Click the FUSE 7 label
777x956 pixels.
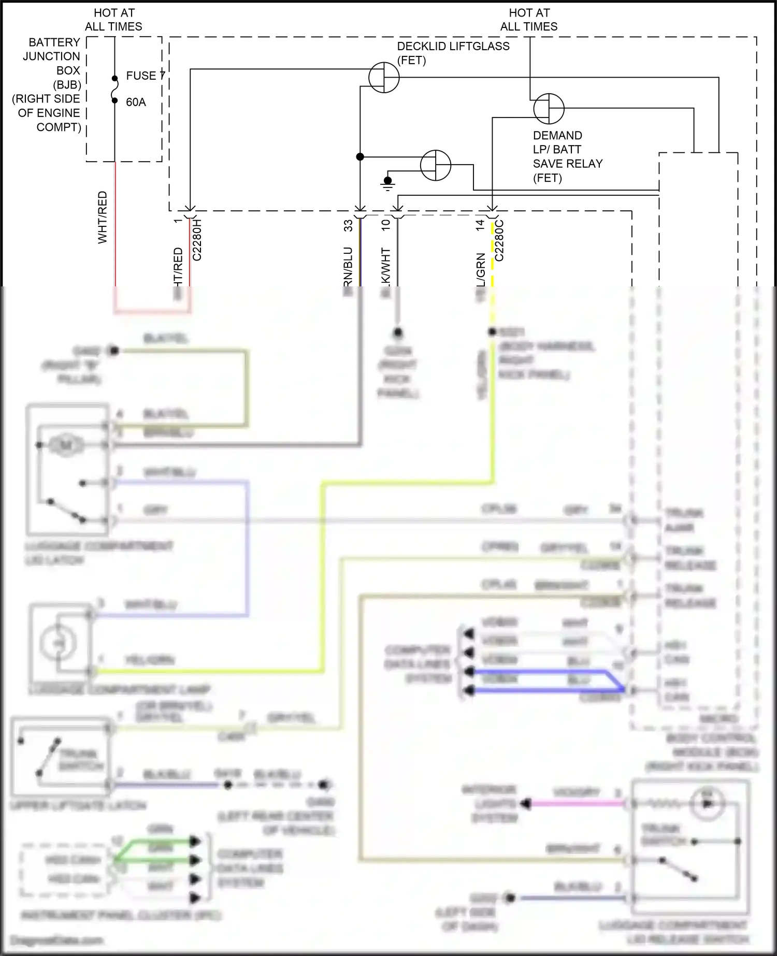146,76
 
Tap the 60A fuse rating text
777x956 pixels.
136,102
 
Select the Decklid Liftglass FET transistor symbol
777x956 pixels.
384,78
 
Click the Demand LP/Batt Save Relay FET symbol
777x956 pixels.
549,109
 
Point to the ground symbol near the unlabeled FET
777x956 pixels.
387,183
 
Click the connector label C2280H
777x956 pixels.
197,240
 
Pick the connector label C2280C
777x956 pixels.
499,240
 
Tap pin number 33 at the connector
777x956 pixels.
348,225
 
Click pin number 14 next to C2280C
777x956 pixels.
480,225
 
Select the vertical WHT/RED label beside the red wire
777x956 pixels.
103,217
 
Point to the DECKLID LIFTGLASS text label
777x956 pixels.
453,46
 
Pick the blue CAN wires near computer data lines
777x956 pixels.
549,681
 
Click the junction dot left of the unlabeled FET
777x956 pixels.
360,156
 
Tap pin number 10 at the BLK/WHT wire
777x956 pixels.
385,225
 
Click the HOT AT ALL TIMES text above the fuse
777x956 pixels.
113,20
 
